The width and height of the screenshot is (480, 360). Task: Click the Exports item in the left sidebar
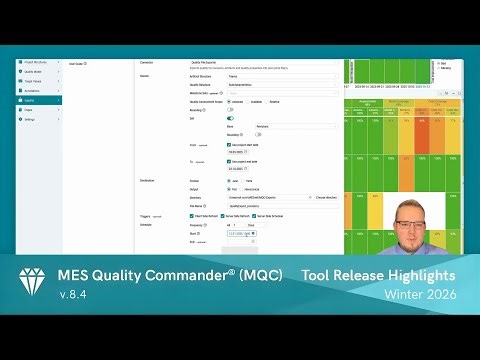(40, 109)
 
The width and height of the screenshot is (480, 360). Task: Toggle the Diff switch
(232, 118)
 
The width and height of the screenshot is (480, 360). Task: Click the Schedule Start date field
(239, 234)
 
